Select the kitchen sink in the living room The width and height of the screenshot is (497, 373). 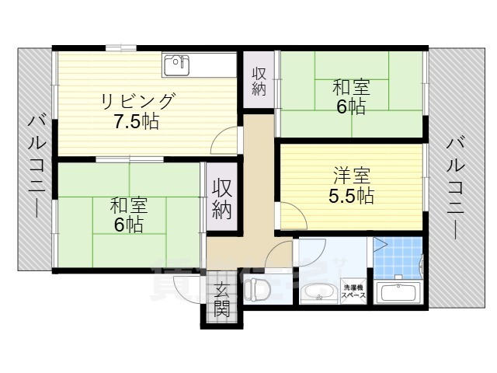click(176, 64)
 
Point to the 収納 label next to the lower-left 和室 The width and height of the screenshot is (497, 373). click(222, 198)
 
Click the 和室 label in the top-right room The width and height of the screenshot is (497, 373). click(351, 86)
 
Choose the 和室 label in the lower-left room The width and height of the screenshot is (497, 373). click(128, 206)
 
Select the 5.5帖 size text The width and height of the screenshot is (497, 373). click(350, 197)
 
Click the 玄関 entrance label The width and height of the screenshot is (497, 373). click(222, 300)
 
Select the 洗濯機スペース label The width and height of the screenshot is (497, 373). click(354, 291)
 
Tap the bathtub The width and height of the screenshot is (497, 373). click(398, 294)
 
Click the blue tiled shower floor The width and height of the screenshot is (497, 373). click(399, 256)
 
